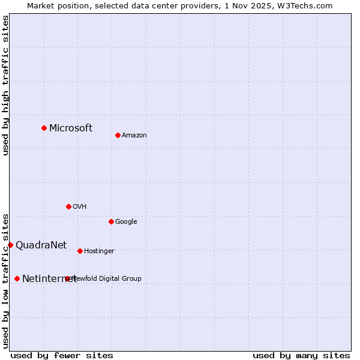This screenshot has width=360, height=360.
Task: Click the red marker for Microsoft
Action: (x=44, y=128)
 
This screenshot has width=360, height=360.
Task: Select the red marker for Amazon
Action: (x=118, y=135)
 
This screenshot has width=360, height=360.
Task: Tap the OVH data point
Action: (x=68, y=206)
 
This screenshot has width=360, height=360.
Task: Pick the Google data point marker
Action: (x=111, y=221)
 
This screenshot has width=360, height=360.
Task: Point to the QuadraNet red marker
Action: (x=10, y=245)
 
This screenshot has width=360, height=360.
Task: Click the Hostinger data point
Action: (x=80, y=251)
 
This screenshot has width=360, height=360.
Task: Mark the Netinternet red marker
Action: (x=17, y=278)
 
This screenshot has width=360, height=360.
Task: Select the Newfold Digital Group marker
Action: (x=67, y=278)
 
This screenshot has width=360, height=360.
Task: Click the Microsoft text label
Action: (x=71, y=128)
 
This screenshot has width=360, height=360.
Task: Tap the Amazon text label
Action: (x=134, y=136)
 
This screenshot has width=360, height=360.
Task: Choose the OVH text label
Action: (x=80, y=207)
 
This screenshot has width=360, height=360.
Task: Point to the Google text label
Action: (x=126, y=222)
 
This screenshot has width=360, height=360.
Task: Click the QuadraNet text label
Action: (x=41, y=245)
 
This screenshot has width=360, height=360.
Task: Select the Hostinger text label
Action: (x=99, y=251)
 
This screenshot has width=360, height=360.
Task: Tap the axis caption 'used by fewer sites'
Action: (x=62, y=355)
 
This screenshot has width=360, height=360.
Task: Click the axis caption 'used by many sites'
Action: (x=301, y=355)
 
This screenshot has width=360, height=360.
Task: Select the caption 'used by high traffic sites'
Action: (x=6, y=85)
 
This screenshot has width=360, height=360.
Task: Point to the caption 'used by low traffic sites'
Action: (x=6, y=280)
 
